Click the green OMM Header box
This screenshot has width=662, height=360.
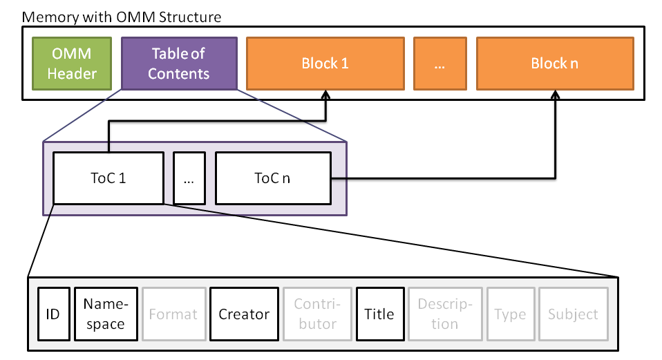(72, 64)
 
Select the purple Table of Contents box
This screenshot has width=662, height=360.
(178, 64)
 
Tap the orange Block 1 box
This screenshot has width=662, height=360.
(325, 64)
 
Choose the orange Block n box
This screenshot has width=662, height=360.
(554, 64)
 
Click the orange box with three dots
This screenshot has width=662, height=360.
(439, 64)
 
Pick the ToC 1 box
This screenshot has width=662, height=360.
(108, 178)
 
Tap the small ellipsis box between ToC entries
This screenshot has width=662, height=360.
(189, 178)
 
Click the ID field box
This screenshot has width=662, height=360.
(53, 314)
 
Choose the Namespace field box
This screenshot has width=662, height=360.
(106, 314)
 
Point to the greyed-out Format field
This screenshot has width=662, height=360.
(173, 314)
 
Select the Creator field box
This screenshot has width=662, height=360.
(243, 314)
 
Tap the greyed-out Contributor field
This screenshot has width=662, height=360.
(315, 314)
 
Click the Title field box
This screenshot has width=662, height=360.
(379, 314)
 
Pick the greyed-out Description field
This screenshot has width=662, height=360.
(445, 314)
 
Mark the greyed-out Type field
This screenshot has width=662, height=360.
(510, 314)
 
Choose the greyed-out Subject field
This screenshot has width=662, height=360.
(573, 314)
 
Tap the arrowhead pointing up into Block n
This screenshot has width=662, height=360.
(555, 95)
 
